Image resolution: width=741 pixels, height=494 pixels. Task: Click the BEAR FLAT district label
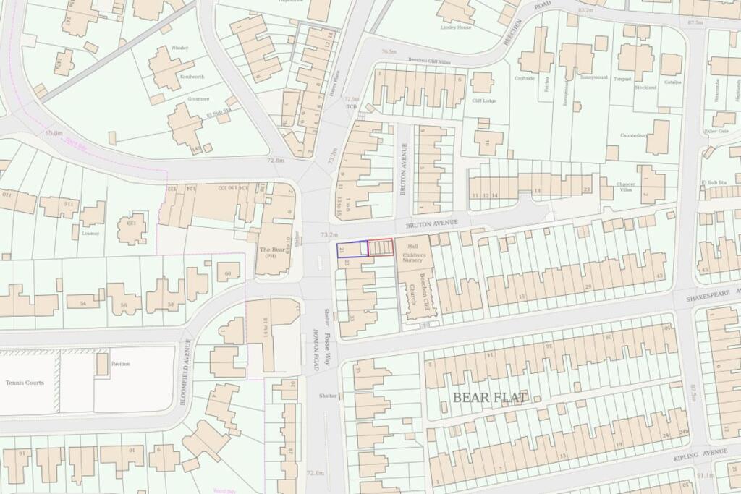tap(490, 397)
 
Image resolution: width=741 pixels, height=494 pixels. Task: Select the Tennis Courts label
tap(25, 383)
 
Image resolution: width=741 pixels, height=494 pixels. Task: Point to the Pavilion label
tap(121, 364)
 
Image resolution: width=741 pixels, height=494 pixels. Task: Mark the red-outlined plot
tap(381, 247)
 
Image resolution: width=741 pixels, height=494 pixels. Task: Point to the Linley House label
tap(455, 27)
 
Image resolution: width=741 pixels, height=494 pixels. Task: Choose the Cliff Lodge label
tap(483, 101)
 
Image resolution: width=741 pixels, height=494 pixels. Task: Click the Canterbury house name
tap(633, 135)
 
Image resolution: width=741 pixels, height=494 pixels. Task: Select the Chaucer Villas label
tap(624, 187)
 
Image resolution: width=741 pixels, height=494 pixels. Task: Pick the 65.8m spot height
tap(54, 133)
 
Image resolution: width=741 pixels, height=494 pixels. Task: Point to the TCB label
tap(352, 106)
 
